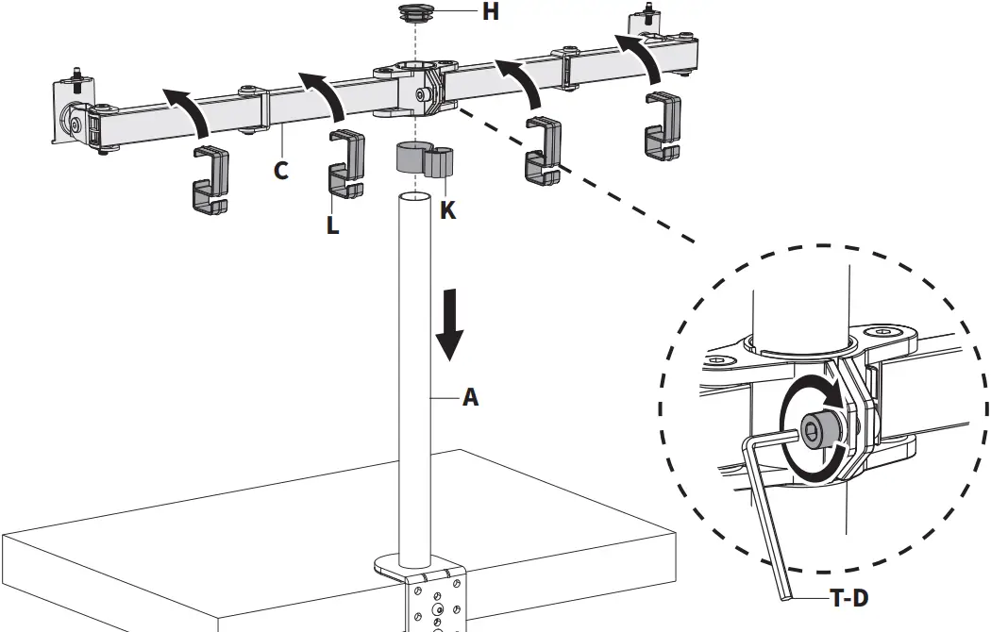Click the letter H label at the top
(463, 12)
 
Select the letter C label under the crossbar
(281, 171)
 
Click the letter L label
(332, 225)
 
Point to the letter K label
(447, 210)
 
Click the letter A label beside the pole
(469, 398)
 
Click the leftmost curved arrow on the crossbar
(186, 106)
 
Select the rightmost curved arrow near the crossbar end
(643, 58)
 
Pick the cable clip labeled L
(346, 165)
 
